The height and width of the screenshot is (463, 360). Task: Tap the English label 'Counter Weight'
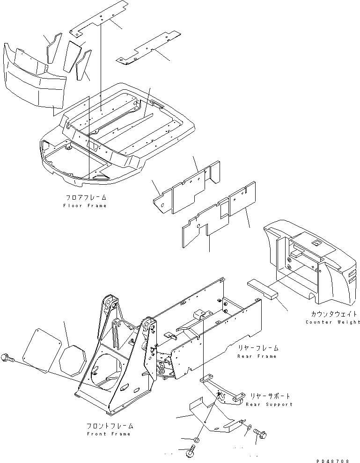pos(333,322)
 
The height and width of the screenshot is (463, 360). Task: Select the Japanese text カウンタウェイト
pos(330,314)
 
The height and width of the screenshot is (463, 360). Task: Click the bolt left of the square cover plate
pos(8,357)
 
